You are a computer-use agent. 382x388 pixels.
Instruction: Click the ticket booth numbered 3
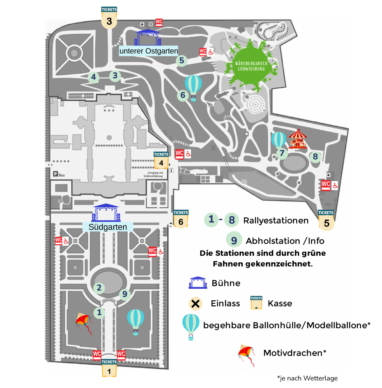tap(109, 19)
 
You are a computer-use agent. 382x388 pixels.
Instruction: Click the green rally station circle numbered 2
tap(99, 288)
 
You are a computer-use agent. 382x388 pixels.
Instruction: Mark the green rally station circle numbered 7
tap(282, 154)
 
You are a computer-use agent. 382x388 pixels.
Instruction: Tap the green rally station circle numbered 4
tap(93, 77)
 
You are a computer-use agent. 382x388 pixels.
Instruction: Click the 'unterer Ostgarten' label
tap(149, 51)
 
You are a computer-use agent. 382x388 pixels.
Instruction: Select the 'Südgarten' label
tap(108, 227)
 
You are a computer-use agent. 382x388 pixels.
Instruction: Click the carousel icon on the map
tap(298, 139)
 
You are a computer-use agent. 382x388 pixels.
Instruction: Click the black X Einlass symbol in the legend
tap(196, 303)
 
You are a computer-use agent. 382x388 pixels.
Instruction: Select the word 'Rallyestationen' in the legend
tap(276, 221)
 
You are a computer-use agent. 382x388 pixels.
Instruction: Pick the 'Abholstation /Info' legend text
tap(285, 241)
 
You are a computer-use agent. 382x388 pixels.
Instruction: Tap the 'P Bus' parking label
tap(59, 175)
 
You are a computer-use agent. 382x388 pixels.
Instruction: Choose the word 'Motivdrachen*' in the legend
tap(294, 353)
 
